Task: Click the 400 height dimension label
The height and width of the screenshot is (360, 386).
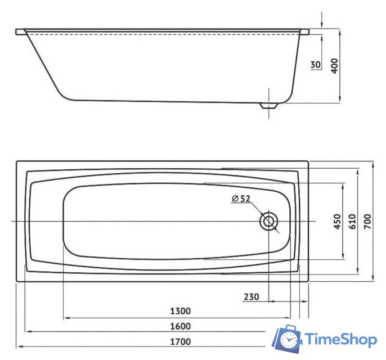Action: tap(335, 66)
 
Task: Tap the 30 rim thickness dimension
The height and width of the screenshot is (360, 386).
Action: tap(316, 65)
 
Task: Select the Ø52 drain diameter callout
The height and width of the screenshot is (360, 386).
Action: tap(240, 198)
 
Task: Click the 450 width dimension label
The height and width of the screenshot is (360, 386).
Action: tap(337, 222)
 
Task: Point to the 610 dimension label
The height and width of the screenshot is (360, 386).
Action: tap(352, 222)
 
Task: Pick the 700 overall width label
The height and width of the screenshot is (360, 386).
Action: tap(367, 222)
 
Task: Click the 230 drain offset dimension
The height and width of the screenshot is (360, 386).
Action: tap(252, 296)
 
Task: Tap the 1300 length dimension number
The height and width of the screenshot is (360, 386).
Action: tap(181, 311)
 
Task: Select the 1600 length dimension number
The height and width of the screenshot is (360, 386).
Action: tap(181, 326)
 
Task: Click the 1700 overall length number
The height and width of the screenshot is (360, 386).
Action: tap(181, 341)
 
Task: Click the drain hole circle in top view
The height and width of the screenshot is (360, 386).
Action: tap(269, 222)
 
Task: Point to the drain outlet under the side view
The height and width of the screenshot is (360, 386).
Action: tap(270, 106)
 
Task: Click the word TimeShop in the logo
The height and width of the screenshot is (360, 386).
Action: tap(341, 339)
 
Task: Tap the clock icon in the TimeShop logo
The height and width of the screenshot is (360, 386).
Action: tap(290, 340)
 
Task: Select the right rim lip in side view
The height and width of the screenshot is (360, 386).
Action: tap(304, 32)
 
